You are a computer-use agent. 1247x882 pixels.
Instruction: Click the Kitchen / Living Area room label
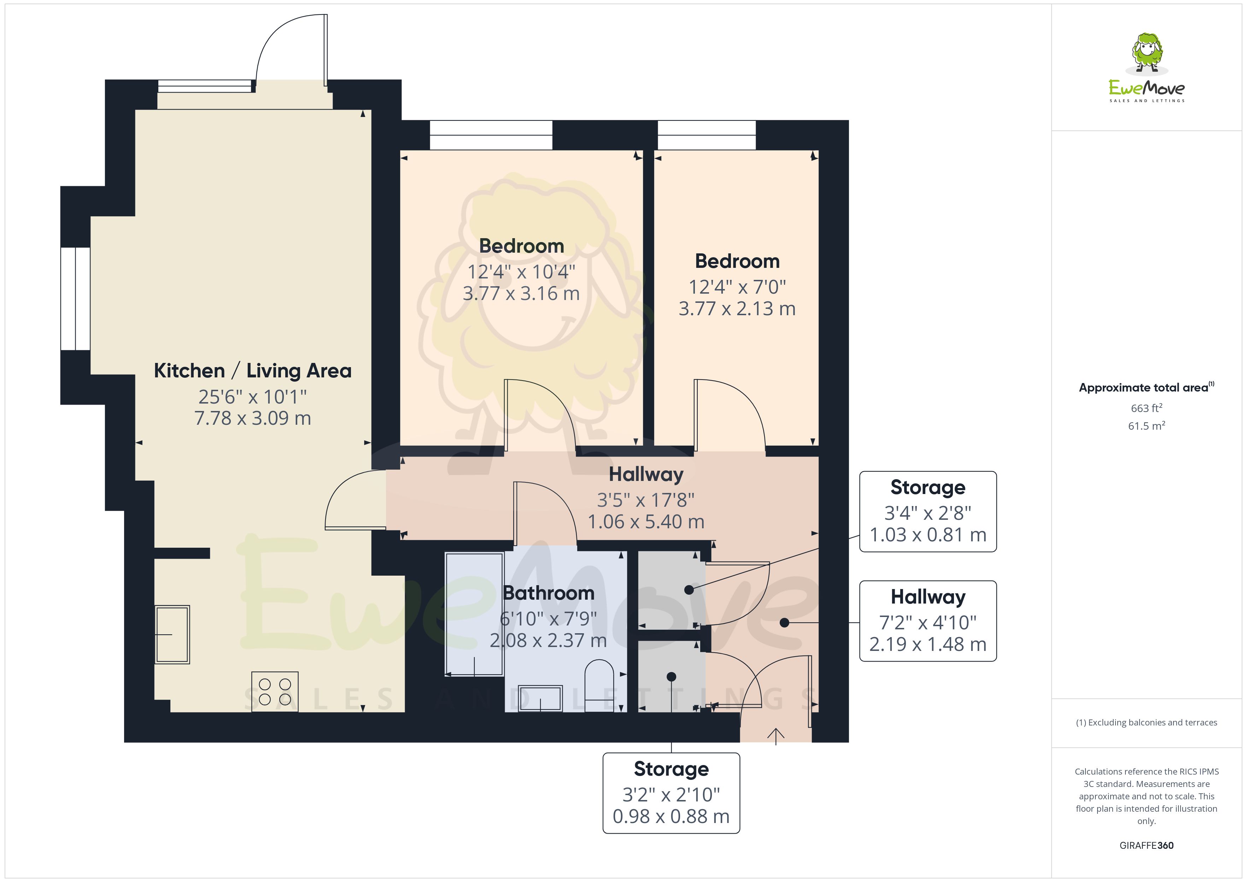[253, 370]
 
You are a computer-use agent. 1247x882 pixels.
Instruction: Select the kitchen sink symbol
[172, 634]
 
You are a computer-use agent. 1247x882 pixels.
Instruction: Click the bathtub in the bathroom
[474, 614]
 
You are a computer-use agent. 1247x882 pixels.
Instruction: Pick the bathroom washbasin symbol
[540, 698]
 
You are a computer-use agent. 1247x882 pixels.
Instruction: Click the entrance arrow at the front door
[775, 736]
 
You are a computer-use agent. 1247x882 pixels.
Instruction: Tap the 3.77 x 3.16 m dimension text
[521, 293]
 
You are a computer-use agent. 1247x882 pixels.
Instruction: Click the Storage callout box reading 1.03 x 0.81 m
[927, 512]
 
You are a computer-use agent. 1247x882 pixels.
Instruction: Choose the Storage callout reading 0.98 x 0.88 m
[671, 793]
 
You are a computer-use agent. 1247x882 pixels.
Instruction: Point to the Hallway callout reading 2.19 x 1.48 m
[927, 621]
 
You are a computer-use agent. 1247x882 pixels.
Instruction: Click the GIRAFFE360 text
[1147, 846]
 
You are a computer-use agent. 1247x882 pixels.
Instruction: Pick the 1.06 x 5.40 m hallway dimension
[646, 522]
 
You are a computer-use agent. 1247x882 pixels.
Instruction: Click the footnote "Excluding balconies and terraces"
[1147, 722]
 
